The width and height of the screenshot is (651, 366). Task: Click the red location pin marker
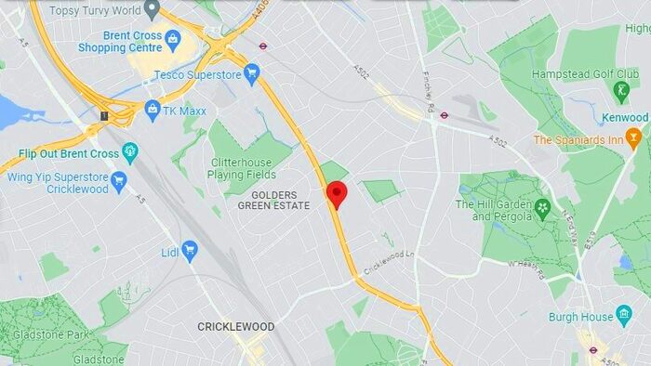point(337,194)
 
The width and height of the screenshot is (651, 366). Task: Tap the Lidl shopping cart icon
point(190,249)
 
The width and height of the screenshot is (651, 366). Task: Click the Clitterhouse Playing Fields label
point(251,166)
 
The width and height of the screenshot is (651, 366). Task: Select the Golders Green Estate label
point(274,200)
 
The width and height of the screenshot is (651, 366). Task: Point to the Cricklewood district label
point(235,326)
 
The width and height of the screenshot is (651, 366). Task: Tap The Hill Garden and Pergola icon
point(543,207)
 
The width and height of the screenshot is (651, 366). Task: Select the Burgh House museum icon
point(623,316)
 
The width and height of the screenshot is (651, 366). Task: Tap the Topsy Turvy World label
point(95,10)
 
